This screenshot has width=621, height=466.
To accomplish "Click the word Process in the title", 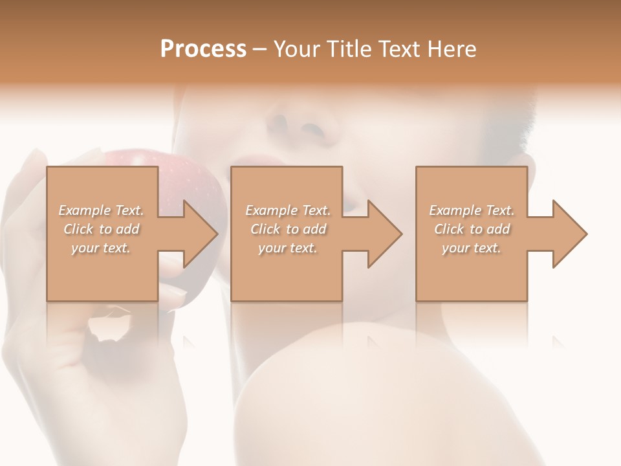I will [x=203, y=49].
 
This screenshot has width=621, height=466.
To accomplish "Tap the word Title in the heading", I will [x=350, y=49].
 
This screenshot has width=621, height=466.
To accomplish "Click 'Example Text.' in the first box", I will [x=101, y=210].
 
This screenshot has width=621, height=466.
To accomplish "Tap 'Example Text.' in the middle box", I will [x=288, y=210].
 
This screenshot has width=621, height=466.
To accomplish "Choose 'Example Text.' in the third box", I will [x=472, y=210].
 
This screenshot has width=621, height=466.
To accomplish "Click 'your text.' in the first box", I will [x=101, y=248].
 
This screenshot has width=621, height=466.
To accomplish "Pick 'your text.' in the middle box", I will [x=288, y=248].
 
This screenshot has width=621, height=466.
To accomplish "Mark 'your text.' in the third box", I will [x=472, y=248].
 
